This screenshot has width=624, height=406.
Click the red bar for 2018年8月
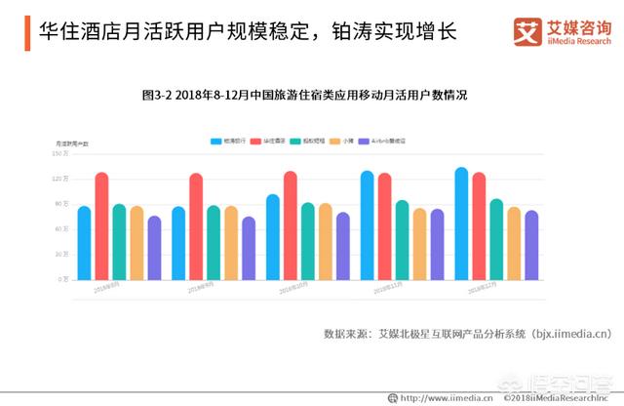[101, 225]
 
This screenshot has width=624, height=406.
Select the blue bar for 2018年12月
[461, 223]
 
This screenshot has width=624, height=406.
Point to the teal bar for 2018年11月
[402, 240]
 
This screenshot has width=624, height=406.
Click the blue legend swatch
[216, 142]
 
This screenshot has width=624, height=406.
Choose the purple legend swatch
[364, 142]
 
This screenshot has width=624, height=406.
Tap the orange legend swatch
[333, 142]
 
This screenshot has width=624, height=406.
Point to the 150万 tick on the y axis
[59, 153]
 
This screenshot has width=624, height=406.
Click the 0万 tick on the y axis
[62, 279]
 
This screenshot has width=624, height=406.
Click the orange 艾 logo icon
[527, 31]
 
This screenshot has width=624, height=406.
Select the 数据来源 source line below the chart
[467, 334]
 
